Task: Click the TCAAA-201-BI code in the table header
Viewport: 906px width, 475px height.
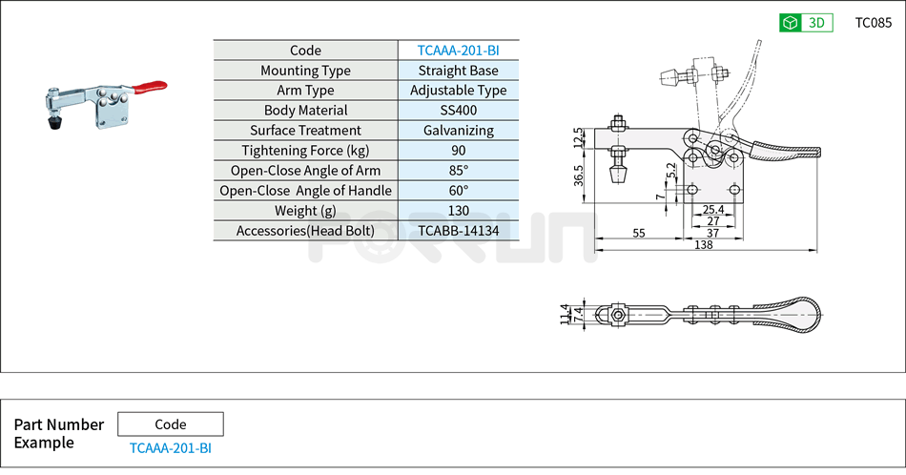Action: [458, 51]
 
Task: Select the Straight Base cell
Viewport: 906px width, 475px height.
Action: [458, 71]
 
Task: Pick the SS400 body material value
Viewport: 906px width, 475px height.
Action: [458, 111]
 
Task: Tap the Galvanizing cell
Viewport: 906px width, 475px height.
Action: [458, 131]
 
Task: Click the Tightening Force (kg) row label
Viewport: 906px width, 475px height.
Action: [305, 151]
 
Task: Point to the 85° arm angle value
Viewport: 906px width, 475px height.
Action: [458, 171]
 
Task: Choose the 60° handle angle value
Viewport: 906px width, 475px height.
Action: [458, 191]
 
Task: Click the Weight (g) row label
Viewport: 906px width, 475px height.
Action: [305, 211]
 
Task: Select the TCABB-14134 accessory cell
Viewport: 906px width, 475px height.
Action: [458, 231]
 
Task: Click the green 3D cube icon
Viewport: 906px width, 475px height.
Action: [790, 23]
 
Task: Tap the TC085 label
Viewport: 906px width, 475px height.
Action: [873, 23]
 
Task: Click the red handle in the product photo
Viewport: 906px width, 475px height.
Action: [150, 88]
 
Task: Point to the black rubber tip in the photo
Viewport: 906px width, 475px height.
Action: [55, 123]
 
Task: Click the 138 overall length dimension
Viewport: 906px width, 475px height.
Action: [704, 246]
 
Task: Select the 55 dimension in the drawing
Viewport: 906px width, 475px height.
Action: [639, 233]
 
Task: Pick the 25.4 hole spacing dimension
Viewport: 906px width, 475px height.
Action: [712, 209]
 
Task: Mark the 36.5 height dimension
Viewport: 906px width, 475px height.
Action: [579, 177]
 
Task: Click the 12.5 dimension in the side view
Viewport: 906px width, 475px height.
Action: [578, 137]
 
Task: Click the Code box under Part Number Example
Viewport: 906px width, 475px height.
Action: [171, 424]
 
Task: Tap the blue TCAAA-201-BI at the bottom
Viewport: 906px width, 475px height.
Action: [171, 447]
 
